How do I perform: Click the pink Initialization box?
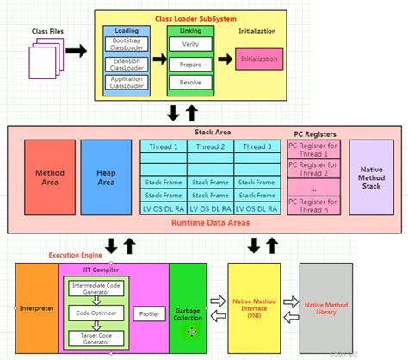coord(258,59)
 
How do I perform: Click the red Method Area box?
coord(49,178)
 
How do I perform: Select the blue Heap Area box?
coord(105,178)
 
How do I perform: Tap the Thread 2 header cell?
coord(210,146)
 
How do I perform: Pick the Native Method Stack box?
coord(372,178)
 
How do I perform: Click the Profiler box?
coord(147,313)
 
